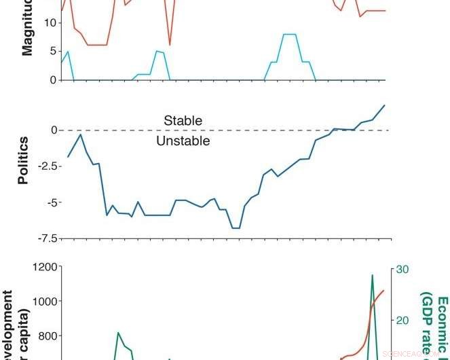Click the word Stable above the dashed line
(183, 121)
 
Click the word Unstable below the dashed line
(183, 141)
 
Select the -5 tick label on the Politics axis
(50, 202)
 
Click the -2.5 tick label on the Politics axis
(45, 166)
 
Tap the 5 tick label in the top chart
(52, 51)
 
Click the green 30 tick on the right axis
(402, 270)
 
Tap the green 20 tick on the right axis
(402, 320)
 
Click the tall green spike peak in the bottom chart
(372, 275)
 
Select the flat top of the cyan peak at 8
(289, 34)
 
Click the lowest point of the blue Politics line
(236, 228)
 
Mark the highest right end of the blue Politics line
(384, 105)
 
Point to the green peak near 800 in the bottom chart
(118, 333)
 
